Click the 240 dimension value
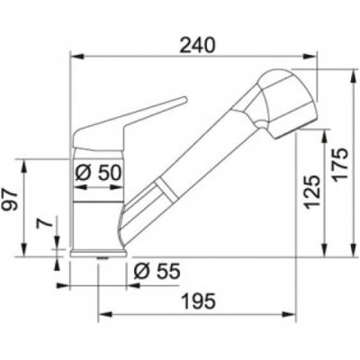coord(197,46)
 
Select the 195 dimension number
coord(198,301)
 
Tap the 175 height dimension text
coord(340,165)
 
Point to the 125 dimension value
coord(312,192)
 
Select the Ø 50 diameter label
coord(98,173)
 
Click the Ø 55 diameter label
coord(157,271)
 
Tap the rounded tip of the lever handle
coord(184,100)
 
